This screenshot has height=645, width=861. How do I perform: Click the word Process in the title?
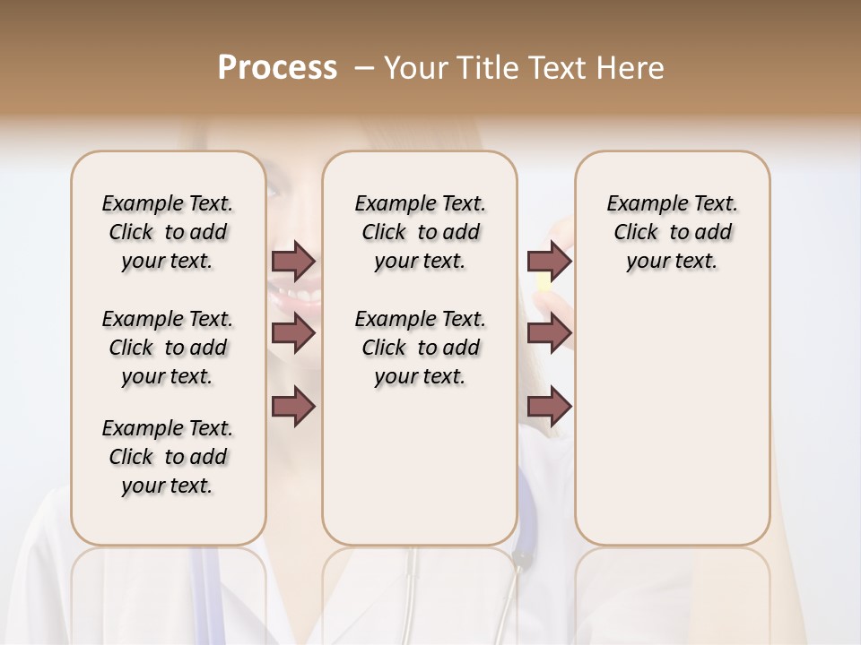coord(277,68)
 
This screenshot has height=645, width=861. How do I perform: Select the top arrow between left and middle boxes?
coord(293,261)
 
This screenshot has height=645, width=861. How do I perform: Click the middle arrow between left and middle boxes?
coord(293,333)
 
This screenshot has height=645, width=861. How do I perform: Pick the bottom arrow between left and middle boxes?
coord(293,407)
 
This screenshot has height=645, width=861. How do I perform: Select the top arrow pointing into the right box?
coord(549,261)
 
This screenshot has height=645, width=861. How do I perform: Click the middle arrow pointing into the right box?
coord(549,333)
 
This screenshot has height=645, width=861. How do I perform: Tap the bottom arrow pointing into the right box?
coord(549,407)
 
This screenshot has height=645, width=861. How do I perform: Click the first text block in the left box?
coord(168,232)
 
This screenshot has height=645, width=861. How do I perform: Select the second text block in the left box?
coord(168,348)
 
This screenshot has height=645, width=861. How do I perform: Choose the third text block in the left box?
coord(168,457)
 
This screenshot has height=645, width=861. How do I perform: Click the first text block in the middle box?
coord(420,232)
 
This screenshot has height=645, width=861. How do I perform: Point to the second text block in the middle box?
coord(420,348)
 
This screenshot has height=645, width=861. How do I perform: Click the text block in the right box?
coord(672,232)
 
